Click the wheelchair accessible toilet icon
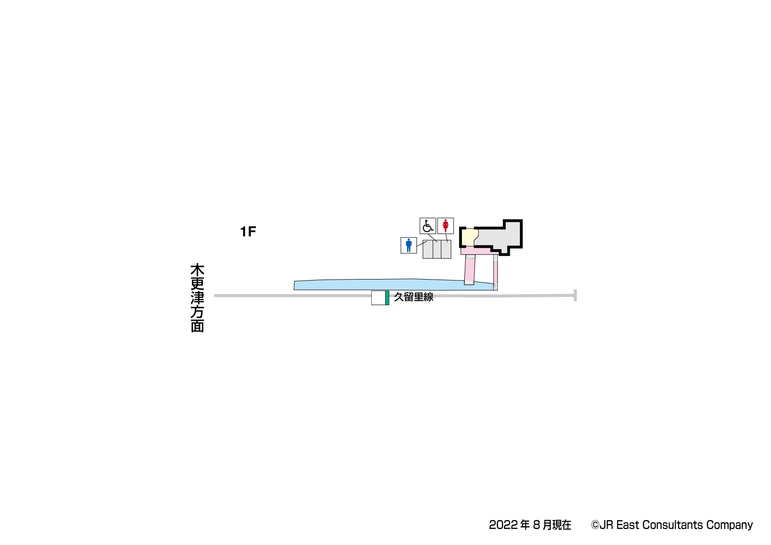tap(427, 226)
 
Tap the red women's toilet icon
tap(446, 226)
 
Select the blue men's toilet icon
tap(409, 245)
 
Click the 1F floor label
tap(248, 231)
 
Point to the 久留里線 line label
tap(413, 297)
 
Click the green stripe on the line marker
tap(387, 298)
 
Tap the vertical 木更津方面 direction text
tap(197, 298)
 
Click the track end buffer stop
tap(575, 295)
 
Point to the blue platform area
tap(376, 285)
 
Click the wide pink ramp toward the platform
tap(470, 270)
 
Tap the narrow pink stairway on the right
tap(495, 271)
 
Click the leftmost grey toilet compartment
tap(427, 250)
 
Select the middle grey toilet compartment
tap(437, 250)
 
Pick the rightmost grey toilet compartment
tap(446, 250)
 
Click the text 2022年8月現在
tap(530, 525)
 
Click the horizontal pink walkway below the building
tap(479, 252)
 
